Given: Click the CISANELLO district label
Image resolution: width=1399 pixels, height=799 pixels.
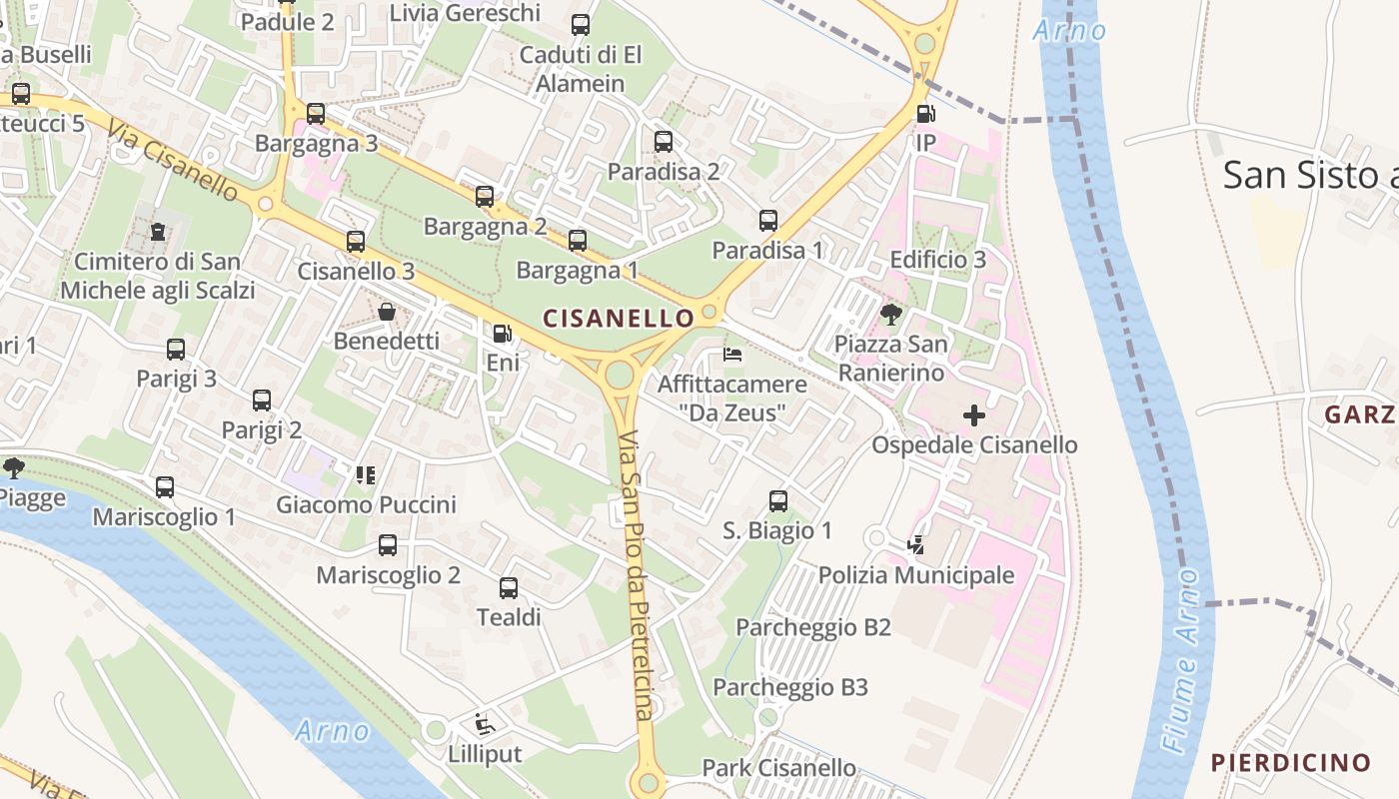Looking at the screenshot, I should [618, 319].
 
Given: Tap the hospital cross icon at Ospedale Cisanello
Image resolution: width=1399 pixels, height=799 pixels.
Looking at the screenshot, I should [974, 414].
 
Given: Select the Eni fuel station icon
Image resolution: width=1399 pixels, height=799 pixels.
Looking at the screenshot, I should [503, 334].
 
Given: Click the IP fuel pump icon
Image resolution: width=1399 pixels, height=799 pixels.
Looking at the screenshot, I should [925, 114].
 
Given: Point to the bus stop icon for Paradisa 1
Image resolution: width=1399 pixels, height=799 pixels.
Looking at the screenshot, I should [767, 221].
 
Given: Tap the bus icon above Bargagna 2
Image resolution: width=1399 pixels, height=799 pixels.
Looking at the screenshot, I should [485, 197].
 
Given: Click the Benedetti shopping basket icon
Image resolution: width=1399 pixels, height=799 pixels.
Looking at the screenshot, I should [387, 312].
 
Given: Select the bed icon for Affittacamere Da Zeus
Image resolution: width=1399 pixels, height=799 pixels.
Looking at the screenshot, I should [732, 355].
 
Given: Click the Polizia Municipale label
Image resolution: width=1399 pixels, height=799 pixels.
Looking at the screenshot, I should [916, 575].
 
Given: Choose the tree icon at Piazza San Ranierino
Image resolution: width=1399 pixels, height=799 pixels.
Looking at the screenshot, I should [890, 315].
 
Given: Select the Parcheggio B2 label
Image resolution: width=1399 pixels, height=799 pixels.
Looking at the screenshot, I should [812, 627].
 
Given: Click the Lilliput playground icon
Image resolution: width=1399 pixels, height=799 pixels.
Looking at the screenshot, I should [485, 724].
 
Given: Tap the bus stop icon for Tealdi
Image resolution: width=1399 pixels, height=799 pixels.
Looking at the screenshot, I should [509, 588].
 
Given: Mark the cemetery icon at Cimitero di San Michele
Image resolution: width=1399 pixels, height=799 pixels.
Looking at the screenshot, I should [158, 232].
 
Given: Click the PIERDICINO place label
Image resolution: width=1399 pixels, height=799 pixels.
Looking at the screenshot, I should [1290, 763].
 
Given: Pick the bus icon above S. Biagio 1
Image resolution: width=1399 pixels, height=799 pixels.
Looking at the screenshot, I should [778, 501].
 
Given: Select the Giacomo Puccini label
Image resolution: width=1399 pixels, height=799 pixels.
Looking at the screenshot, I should [366, 504].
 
